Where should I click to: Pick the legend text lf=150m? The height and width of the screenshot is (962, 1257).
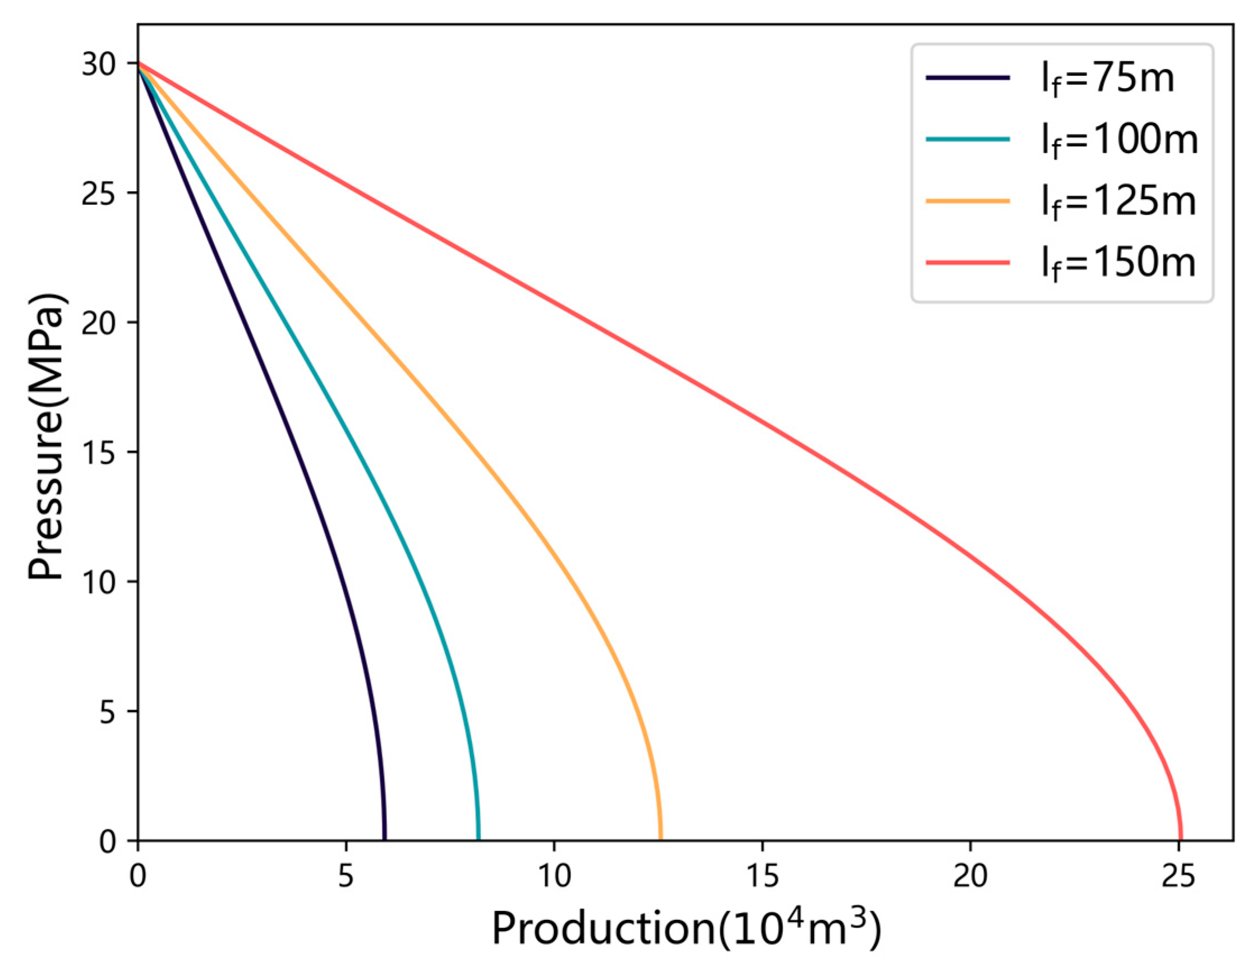click(1118, 264)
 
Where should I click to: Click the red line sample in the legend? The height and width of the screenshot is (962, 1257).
click(967, 263)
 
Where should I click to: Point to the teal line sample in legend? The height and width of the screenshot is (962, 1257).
click(967, 139)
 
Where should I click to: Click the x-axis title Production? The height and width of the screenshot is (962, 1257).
click(685, 928)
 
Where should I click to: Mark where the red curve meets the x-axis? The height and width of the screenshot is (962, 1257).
click(1180, 840)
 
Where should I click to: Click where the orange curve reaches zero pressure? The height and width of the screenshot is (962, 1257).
click(660, 840)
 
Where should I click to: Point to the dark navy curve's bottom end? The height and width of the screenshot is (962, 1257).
click(384, 840)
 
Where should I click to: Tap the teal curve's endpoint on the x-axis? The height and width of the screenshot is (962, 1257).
click(477, 840)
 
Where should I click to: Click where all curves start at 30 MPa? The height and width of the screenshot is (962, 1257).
click(138, 63)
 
